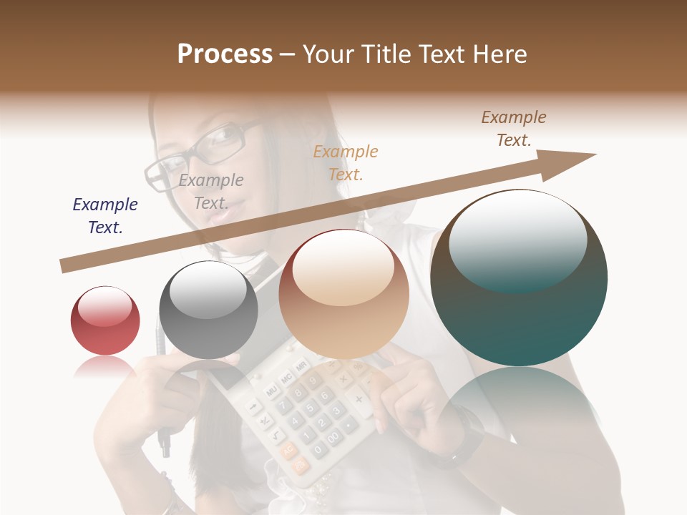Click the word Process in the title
[225, 54]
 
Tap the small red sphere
[105, 320]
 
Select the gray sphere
[208, 310]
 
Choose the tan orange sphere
[343, 294]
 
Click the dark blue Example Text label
[105, 216]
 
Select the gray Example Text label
[211, 192]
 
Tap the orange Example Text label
[346, 163]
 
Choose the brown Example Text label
[514, 129]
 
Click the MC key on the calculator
[286, 377]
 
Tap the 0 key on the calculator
[317, 449]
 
